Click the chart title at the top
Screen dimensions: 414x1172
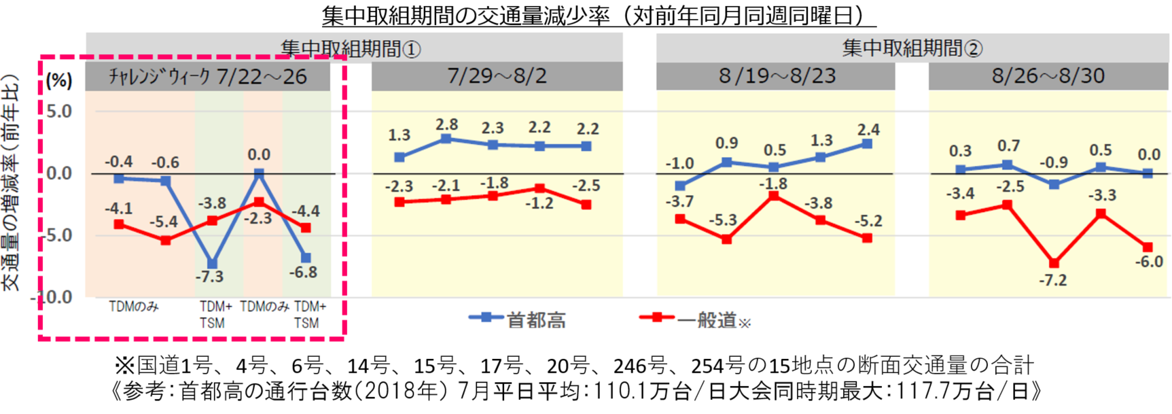point(599,15)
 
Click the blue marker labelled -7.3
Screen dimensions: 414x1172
point(212,264)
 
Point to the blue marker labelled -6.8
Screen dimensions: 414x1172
point(306,258)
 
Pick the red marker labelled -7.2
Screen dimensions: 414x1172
point(1054,263)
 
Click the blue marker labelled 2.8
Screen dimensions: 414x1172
point(446,139)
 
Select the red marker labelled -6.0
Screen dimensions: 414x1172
point(1148,247)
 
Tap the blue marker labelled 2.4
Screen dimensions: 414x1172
point(867,144)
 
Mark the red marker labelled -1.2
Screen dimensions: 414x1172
point(539,188)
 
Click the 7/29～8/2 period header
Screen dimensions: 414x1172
point(497,76)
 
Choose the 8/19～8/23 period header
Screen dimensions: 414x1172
point(775,76)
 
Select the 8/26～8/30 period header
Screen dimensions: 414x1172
point(1048,76)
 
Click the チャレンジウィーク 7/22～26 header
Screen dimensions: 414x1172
point(208,76)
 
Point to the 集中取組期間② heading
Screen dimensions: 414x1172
point(912,48)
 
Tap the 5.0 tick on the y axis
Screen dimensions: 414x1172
point(59,111)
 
